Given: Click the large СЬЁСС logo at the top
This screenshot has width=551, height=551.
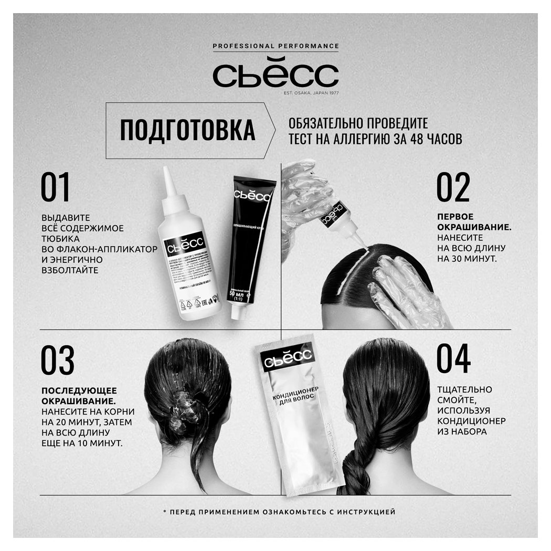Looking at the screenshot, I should pyautogui.click(x=275, y=75).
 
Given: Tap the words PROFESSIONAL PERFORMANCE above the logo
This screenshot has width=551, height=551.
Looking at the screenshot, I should pyautogui.click(x=275, y=46).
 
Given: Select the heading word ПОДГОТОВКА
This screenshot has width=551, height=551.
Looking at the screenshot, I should pyautogui.click(x=187, y=131).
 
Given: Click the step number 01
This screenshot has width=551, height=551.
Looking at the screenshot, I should pyautogui.click(x=56, y=189).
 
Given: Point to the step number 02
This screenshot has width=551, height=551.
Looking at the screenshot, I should pyautogui.click(x=453, y=189).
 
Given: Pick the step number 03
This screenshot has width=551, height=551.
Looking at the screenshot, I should pyautogui.click(x=57, y=361).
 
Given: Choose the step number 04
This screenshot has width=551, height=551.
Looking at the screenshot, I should pyautogui.click(x=454, y=361).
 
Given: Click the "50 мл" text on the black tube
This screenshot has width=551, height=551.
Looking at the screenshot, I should pyautogui.click(x=238, y=294).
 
